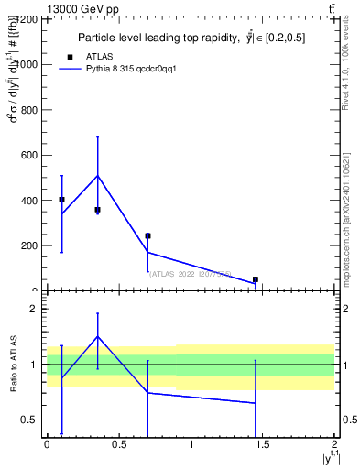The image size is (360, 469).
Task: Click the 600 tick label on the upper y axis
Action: (28, 155)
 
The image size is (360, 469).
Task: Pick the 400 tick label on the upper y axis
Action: (28, 201)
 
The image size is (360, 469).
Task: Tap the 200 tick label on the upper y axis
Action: (28, 245)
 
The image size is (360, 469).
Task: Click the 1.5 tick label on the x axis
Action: (263, 444)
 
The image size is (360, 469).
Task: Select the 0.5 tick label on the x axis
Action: (118, 444)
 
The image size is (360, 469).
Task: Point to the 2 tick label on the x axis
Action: (335, 444)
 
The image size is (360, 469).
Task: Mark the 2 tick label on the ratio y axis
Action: (32, 310)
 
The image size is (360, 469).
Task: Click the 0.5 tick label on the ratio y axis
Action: (29, 420)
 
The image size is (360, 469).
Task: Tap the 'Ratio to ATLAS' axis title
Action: (13, 365)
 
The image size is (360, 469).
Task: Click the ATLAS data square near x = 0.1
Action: (61, 199)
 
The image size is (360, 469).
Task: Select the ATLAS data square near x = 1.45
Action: (256, 279)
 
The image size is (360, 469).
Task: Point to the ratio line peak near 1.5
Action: (97, 336)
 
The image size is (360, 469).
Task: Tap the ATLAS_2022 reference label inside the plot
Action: (190, 273)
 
